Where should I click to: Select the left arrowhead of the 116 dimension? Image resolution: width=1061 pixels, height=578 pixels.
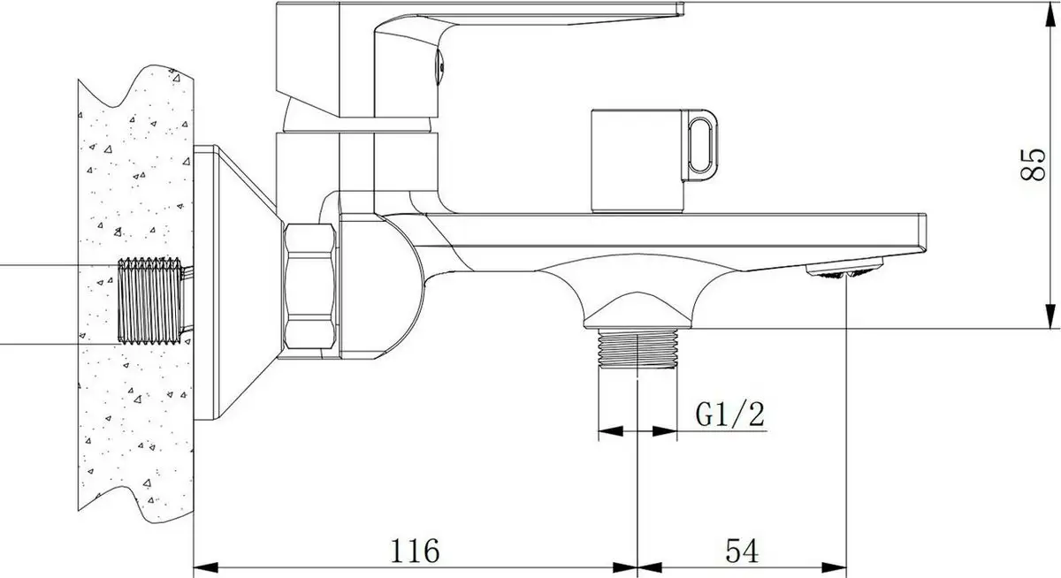(202, 567)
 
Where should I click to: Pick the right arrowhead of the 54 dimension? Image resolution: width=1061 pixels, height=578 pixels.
(841, 567)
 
